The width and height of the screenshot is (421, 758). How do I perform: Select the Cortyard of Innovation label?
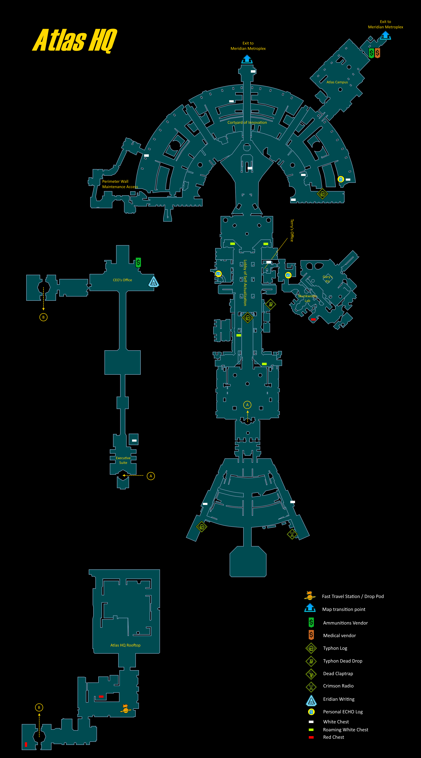[247, 122]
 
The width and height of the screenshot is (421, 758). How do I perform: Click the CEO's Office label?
[122, 280]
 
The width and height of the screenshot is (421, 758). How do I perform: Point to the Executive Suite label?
[123, 460]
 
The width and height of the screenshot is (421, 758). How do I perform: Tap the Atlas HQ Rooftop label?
[125, 645]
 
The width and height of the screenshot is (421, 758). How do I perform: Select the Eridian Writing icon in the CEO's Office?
[153, 282]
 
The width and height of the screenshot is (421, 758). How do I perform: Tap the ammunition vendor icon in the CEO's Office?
[138, 262]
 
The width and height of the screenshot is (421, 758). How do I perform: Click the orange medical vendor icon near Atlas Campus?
[377, 53]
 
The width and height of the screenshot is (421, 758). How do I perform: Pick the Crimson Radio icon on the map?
[292, 534]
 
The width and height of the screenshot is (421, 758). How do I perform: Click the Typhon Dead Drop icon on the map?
[270, 304]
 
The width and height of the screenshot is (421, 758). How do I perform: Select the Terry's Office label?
[292, 230]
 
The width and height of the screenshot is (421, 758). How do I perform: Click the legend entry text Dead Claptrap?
[338, 674]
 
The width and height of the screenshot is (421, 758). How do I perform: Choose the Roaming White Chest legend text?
[345, 730]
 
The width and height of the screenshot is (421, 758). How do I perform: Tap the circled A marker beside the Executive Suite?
[151, 476]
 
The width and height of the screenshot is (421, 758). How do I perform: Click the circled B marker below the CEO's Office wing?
[43, 317]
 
